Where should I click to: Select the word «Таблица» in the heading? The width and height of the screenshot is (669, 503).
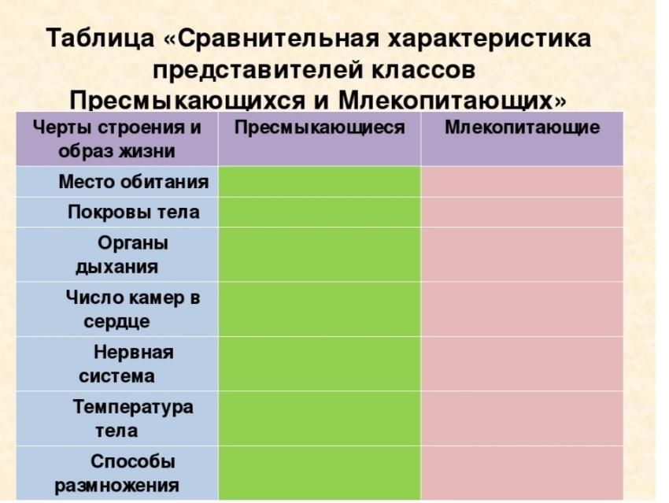pyautogui.click(x=100, y=39)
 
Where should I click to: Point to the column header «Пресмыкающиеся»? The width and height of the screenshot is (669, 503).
pyautogui.click(x=319, y=128)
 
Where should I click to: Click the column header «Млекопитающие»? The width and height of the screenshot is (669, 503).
pyautogui.click(x=523, y=128)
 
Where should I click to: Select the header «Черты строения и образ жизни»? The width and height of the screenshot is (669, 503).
pyautogui.click(x=117, y=139)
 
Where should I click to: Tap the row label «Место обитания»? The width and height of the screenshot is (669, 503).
pyautogui.click(x=134, y=182)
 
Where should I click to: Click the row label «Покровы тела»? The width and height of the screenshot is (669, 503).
pyautogui.click(x=134, y=212)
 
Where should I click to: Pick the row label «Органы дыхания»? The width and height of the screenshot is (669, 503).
pyautogui.click(x=121, y=255)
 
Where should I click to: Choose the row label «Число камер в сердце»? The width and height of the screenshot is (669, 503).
pyautogui.click(x=133, y=309)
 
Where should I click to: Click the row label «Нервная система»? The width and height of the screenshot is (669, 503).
pyautogui.click(x=126, y=364)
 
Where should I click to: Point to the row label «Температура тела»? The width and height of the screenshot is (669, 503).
pyautogui.click(x=133, y=419)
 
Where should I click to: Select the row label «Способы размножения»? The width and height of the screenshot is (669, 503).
pyautogui.click(x=117, y=473)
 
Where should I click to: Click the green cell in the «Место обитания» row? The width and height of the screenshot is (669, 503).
pyautogui.click(x=319, y=182)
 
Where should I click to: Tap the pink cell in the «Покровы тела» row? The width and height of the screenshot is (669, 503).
pyautogui.click(x=522, y=212)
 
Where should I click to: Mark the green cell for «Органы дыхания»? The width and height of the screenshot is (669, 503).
pyautogui.click(x=319, y=255)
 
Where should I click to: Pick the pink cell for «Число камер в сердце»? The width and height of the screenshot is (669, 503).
pyautogui.click(x=522, y=309)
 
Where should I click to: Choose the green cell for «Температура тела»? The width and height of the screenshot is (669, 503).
pyautogui.click(x=319, y=419)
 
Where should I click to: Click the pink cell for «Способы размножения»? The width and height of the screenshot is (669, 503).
pyautogui.click(x=522, y=473)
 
